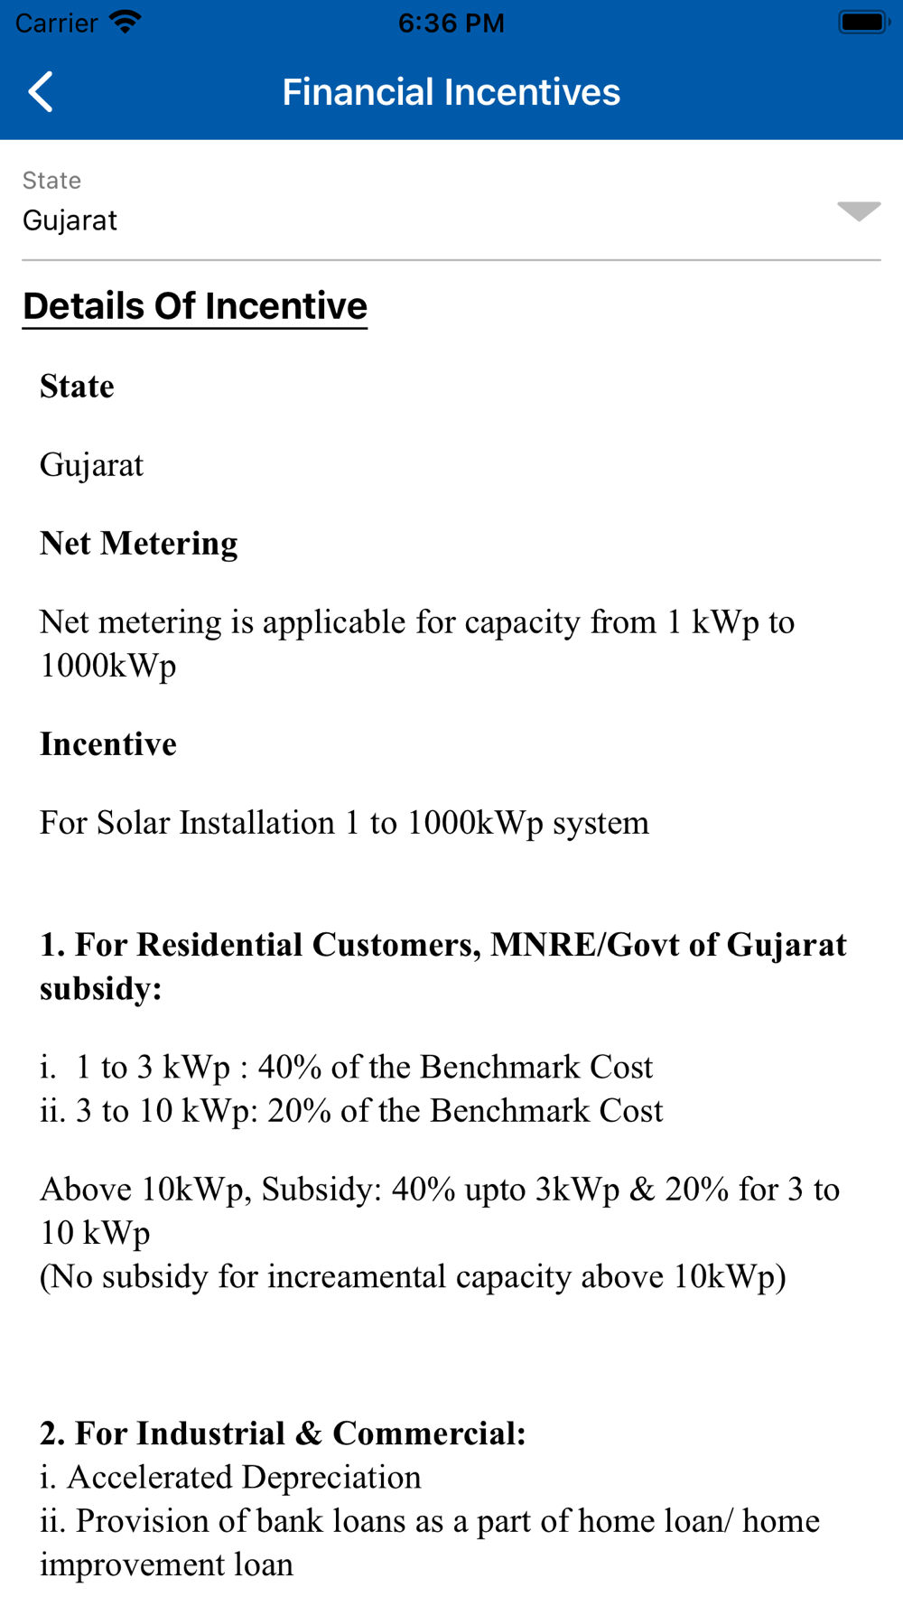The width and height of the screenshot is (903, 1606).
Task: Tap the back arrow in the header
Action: coord(42,92)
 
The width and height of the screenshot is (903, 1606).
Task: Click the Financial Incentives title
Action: coord(451,92)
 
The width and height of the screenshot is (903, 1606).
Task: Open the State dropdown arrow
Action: coord(858,211)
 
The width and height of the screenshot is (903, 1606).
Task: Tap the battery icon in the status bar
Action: coord(863,23)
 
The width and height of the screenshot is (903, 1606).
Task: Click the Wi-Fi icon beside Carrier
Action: coord(125,23)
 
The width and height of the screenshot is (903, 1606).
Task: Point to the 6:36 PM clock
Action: coord(451,23)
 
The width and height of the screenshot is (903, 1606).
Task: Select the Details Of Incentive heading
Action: coord(195,306)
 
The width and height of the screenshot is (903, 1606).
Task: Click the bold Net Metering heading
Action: coord(139,543)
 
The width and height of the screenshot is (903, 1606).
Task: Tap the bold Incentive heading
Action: coord(108,743)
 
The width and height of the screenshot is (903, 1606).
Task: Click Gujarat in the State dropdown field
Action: coord(70,220)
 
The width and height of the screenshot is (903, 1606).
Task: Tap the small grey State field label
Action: coord(52,181)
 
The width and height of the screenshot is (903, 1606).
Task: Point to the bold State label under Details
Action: coord(78,386)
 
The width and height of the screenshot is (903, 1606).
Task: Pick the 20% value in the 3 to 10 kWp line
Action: coord(299,1110)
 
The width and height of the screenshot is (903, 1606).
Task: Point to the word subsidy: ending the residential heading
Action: coord(100,988)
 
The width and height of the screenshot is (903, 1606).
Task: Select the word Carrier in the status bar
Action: coord(56,23)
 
